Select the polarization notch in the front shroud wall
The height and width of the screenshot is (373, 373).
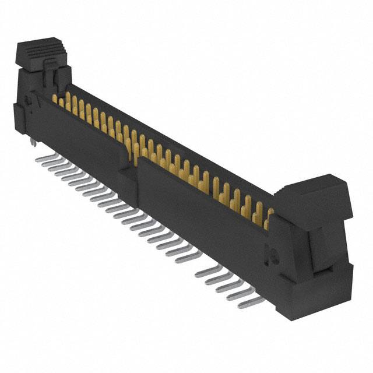[x=132, y=157]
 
